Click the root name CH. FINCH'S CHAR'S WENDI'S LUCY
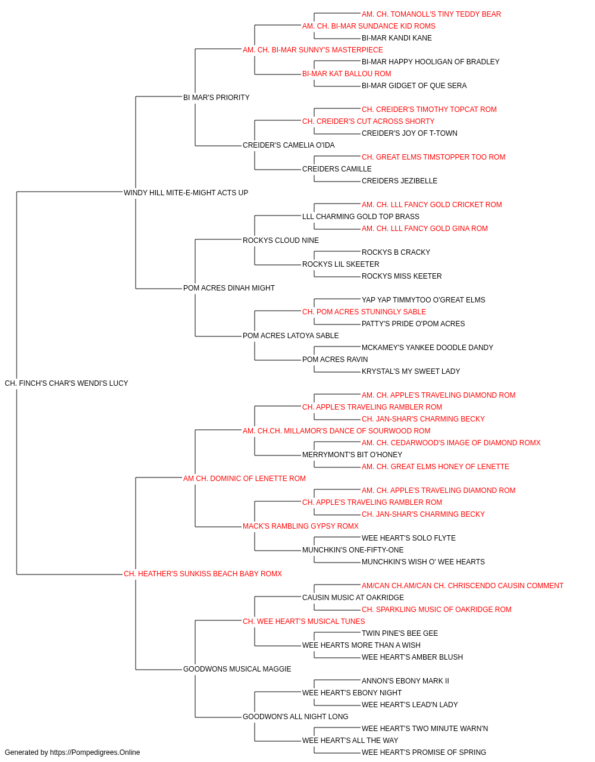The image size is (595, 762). tap(66, 383)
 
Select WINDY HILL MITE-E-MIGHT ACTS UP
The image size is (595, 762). tap(186, 192)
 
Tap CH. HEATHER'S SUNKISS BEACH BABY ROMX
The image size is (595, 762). tap(202, 574)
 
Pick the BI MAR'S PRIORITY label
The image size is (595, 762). tap(216, 98)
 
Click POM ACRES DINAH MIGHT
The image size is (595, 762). tap(229, 288)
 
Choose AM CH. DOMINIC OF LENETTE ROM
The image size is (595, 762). tap(244, 479)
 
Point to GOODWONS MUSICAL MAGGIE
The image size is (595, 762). tap(237, 669)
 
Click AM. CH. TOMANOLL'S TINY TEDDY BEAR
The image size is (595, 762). tap(431, 14)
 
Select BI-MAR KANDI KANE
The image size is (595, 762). tap(397, 38)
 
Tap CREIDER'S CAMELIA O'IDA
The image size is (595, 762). tap(289, 145)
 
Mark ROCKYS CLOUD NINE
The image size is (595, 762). tap(281, 240)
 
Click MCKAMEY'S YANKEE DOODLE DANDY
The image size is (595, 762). tap(427, 348)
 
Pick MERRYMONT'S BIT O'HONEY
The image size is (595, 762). tap(352, 455)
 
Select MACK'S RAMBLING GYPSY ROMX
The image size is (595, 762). tap(300, 526)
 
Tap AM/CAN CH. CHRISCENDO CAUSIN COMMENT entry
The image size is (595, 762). tap(462, 586)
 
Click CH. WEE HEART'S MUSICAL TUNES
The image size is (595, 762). tap(304, 622)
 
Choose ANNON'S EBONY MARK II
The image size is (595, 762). tap(405, 681)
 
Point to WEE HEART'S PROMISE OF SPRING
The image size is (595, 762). tap(424, 752)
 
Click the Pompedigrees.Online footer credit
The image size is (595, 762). tap(72, 752)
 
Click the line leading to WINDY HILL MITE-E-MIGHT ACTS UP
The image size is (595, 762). tap(69, 192)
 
